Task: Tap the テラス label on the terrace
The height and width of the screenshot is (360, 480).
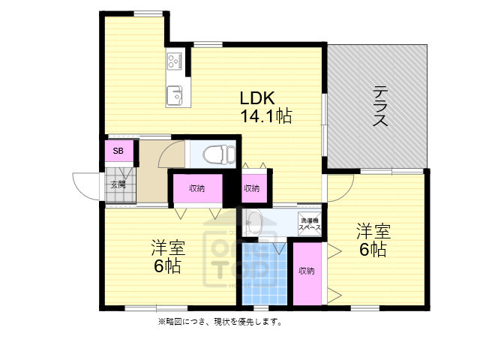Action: pyautogui.click(x=380, y=107)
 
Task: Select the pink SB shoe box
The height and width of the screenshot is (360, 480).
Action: pyautogui.click(x=118, y=151)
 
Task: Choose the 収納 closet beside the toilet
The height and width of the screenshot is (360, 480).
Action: pyautogui.click(x=196, y=188)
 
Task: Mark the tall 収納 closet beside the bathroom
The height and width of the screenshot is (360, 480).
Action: pyautogui.click(x=305, y=271)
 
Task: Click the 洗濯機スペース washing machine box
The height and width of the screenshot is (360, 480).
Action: pyautogui.click(x=309, y=223)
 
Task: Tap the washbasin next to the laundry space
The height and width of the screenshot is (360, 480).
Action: pyautogui.click(x=253, y=222)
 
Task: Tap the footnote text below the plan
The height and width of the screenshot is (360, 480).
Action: pyautogui.click(x=219, y=322)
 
